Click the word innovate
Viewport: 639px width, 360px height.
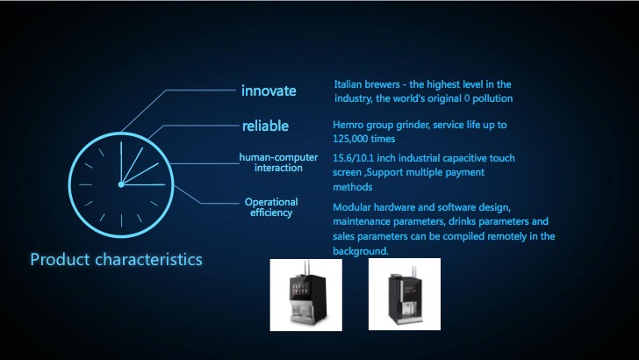(269, 90)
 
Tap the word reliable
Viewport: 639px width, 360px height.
(265, 126)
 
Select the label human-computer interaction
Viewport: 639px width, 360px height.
(278, 162)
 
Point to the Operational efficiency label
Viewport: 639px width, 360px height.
(271, 207)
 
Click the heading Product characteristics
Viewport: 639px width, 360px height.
(116, 259)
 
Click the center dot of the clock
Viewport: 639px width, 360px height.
(121, 184)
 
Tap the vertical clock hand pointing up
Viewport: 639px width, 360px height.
(121, 163)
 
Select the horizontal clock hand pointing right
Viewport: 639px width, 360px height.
(143, 184)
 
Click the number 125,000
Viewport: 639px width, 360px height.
(350, 139)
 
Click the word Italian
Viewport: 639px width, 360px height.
(348, 84)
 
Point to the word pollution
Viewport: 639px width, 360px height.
(492, 98)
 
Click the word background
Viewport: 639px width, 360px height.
(360, 251)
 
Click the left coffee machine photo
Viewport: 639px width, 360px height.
(306, 295)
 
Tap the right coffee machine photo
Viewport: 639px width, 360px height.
(405, 294)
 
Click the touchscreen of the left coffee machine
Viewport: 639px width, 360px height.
(299, 290)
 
